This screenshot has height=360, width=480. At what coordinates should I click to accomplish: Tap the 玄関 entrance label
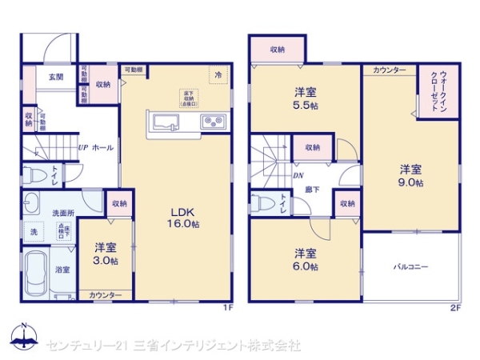click(x=55, y=77)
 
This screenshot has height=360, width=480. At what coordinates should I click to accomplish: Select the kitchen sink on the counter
click(x=167, y=122)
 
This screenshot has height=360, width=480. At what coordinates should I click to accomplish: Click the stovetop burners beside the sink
click(x=214, y=122)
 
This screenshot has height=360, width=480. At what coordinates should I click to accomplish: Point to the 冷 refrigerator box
click(x=218, y=74)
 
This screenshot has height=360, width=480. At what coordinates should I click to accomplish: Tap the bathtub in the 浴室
click(x=37, y=274)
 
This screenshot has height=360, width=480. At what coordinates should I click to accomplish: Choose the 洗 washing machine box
click(x=33, y=230)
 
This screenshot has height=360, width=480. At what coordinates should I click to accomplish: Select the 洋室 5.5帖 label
click(x=304, y=98)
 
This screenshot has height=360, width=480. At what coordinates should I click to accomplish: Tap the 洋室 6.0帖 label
click(x=305, y=259)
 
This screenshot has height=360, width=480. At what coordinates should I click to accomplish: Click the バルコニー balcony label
click(x=411, y=265)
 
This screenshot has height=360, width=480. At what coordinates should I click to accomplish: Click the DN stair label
click(x=297, y=174)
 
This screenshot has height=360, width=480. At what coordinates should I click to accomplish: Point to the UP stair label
click(x=82, y=148)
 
